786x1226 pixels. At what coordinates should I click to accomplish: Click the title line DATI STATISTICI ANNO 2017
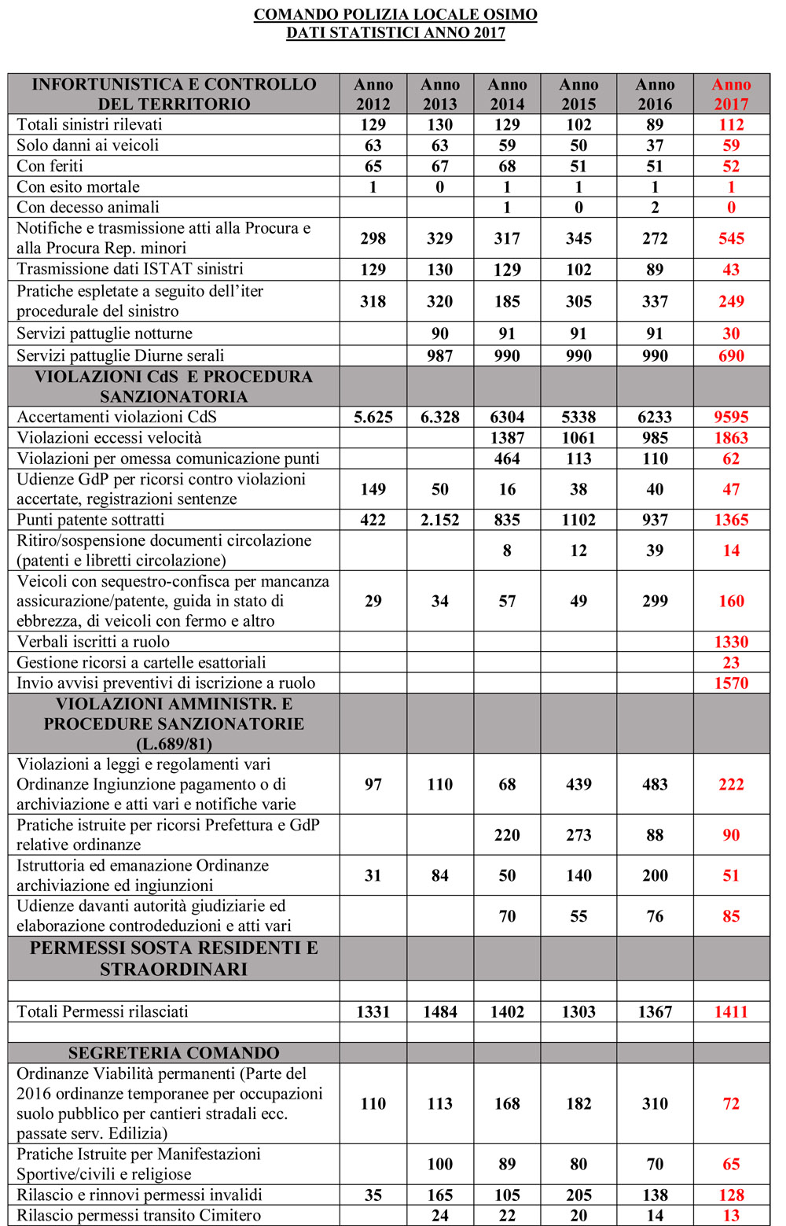pos(395,33)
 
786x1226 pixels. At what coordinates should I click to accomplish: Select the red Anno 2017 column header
pos(731,94)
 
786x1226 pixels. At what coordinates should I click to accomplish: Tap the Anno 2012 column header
pos(373,94)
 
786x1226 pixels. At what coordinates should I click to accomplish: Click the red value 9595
pos(731,417)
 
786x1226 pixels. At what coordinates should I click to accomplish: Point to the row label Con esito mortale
pos(78,187)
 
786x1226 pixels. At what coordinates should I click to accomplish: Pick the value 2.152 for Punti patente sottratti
pos(439,520)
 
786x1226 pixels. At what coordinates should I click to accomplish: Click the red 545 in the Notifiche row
pos(731,238)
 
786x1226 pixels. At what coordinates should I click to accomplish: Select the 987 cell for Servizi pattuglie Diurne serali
pos(439,355)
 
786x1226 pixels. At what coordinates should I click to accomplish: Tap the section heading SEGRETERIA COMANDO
pos(174,1053)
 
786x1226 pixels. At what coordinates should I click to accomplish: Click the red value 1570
pos(731,683)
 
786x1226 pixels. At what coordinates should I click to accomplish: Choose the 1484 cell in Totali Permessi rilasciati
pos(439,1012)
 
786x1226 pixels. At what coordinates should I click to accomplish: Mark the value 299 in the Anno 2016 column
pos(655,602)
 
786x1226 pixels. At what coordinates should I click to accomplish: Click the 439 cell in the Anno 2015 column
pos(578,785)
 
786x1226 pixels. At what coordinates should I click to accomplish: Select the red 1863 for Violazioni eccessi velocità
pos(731,438)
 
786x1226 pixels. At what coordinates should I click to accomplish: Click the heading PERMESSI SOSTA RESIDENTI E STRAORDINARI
pos(174,959)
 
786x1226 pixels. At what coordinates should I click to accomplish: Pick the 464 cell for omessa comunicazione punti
pos(507,458)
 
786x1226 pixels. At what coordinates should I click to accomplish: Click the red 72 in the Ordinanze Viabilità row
pos(731,1103)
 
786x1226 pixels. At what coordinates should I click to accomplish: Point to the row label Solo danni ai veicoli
pos(87,145)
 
